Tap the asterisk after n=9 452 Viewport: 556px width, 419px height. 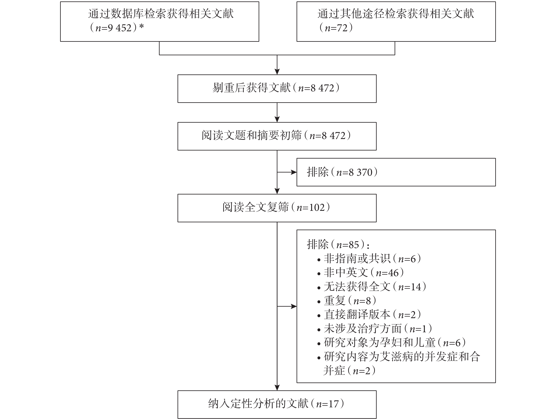(x=141, y=26)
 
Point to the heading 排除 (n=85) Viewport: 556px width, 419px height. (x=338, y=244)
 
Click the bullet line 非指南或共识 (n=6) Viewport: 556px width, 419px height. (x=369, y=259)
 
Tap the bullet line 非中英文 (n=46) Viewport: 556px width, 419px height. (x=361, y=273)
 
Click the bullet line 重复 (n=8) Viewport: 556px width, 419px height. (x=347, y=301)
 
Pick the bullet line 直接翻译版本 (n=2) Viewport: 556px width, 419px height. (x=369, y=315)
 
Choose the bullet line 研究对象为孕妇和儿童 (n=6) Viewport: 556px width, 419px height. (x=391, y=343)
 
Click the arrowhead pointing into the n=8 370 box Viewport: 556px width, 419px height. (x=294, y=172)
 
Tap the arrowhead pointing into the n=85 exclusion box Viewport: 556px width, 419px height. (x=294, y=306)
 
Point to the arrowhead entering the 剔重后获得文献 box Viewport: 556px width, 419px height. (x=277, y=72)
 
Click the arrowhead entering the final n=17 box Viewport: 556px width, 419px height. (x=277, y=388)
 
